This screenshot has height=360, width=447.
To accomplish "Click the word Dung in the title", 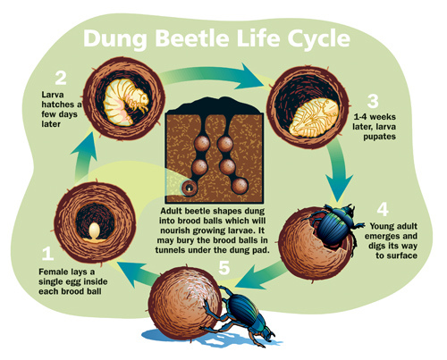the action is click(115, 39).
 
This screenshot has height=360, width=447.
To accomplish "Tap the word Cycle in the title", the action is click(319, 39).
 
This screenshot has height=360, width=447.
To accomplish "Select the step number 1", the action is click(47, 254).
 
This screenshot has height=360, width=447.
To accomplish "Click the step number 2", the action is click(61, 78).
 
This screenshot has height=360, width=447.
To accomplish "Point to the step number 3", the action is click(373, 101).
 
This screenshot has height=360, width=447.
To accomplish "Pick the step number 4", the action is click(383, 209).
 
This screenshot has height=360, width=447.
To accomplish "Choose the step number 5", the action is click(224, 267).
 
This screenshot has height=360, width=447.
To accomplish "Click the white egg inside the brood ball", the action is click(95, 231).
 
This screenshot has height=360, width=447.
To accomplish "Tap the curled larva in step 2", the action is click(125, 101).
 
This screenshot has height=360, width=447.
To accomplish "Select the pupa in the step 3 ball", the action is click(314, 118).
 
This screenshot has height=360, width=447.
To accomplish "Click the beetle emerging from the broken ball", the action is click(335, 225).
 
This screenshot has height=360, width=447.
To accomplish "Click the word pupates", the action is click(379, 137).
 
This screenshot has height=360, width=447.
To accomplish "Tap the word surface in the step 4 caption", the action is click(401, 255).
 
